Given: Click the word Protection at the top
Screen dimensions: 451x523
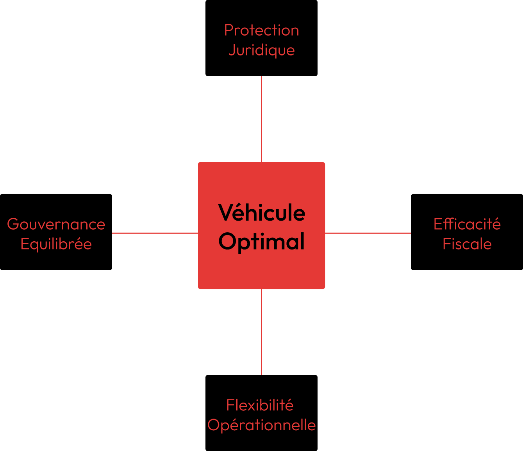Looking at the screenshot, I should [261, 30].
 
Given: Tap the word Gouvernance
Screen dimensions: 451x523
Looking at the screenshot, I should [56, 225].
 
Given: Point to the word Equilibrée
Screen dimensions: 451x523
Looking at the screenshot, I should [56, 244].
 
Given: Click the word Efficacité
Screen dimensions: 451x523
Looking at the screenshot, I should [467, 224].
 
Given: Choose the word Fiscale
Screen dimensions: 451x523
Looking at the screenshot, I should [467, 244].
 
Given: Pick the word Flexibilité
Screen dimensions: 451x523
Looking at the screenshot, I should [260, 405].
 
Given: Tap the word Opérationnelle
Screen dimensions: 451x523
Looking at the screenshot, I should [261, 425].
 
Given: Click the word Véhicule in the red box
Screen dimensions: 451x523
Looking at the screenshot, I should [261, 213].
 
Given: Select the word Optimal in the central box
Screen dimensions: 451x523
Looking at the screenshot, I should [261, 242].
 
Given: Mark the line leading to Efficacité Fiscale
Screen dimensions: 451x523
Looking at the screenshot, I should [368, 233].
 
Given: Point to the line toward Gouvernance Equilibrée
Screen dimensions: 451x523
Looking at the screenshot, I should [155, 233].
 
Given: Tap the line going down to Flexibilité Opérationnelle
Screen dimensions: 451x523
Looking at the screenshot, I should [261, 332].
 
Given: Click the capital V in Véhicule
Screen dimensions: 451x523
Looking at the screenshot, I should [225, 213].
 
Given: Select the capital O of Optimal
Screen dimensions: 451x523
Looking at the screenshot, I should [228, 241].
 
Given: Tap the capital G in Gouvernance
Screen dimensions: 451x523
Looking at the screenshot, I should [13, 225].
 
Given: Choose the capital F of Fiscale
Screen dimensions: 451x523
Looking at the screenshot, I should [446, 244].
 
